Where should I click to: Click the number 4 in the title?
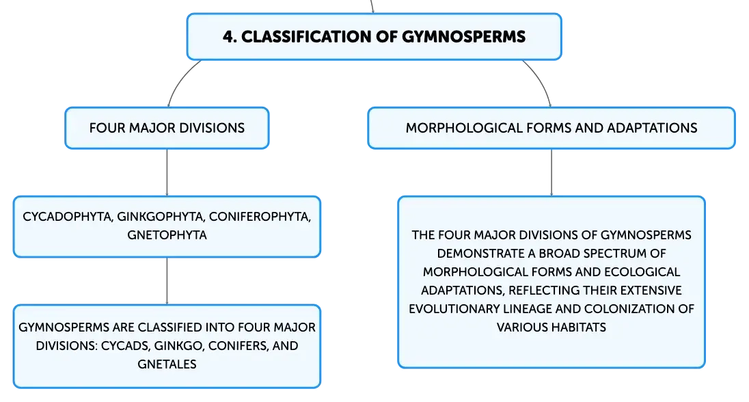[228, 37]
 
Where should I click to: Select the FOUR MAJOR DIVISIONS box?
[167, 128]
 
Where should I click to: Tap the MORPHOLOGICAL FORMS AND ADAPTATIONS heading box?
[551, 128]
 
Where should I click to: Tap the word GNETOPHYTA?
[167, 235]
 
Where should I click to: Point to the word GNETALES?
[167, 364]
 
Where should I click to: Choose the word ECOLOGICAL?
[642, 272]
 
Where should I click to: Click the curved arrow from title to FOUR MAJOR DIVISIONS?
[180, 80]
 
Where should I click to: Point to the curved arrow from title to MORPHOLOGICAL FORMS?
[541, 80]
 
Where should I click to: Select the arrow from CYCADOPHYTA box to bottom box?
[167, 281]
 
